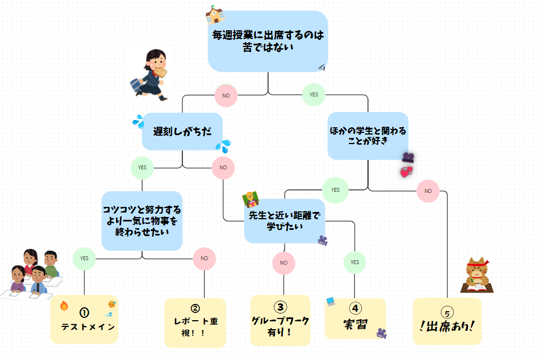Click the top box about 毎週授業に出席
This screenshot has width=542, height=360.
coord(268,41)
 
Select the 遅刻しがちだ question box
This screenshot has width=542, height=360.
coord(182,132)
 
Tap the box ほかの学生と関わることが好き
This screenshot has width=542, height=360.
coord(368,136)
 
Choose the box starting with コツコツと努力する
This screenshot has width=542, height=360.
coord(142,220)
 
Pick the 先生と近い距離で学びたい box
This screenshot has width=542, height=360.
coord(284,221)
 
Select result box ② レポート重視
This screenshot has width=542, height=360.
coord(195,322)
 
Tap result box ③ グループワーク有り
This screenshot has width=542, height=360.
coord(280,320)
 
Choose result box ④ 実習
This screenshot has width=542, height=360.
coord(355,319)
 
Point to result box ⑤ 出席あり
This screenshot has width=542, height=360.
coord(447,321)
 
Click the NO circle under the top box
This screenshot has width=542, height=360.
coord(226,95)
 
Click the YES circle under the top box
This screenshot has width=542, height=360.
coord(314,94)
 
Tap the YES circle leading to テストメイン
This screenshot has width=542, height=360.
coord(84,259)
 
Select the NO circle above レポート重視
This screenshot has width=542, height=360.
coord(204,259)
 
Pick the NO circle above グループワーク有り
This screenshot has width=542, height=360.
coord(284,262)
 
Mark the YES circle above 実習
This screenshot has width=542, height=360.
coord(355,262)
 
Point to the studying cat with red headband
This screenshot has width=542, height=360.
coord(476,275)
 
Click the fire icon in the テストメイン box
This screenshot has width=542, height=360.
coord(63,306)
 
